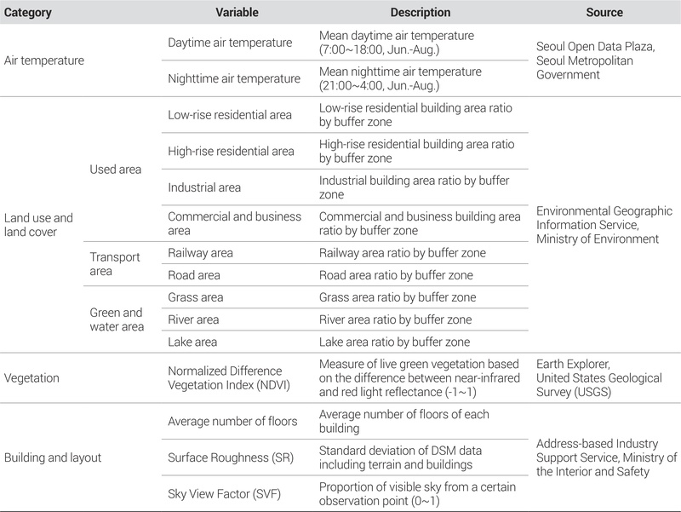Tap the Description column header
tap(421, 13)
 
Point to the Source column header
tap(604, 13)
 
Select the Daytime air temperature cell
tap(230, 43)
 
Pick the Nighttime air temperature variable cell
tap(234, 78)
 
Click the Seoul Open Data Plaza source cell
tap(595, 60)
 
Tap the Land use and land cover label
tap(39, 224)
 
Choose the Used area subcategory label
tap(115, 170)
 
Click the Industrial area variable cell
tap(204, 187)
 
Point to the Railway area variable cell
tap(200, 253)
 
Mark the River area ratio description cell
tap(395, 319)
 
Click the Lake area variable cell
tap(193, 342)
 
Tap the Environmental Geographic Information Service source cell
tap(604, 225)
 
